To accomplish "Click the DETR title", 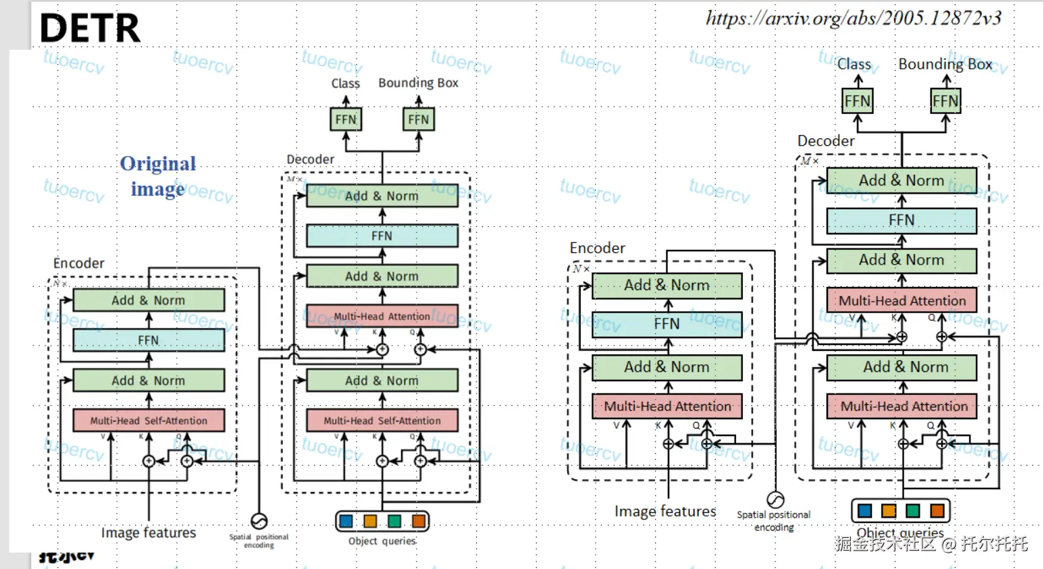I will pyautogui.click(x=90, y=28).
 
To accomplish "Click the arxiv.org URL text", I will pyautogui.click(x=853, y=18).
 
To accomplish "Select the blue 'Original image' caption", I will pyautogui.click(x=158, y=176).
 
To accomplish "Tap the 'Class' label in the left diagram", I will pyautogui.click(x=345, y=84).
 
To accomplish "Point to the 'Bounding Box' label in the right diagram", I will pyautogui.click(x=945, y=64).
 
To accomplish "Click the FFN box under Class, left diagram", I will pyautogui.click(x=346, y=119).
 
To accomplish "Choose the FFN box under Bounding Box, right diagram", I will pyautogui.click(x=945, y=101).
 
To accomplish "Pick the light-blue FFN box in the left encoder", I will pyautogui.click(x=149, y=340).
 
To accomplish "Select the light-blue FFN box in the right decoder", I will pyautogui.click(x=902, y=220).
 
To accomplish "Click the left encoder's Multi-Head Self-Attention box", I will pyautogui.click(x=149, y=421).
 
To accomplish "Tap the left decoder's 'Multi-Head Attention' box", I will pyautogui.click(x=382, y=316).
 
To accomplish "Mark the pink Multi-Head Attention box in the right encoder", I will pyautogui.click(x=667, y=406).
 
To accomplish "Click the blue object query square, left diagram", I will pyautogui.click(x=346, y=521).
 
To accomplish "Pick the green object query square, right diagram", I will pyautogui.click(x=913, y=511).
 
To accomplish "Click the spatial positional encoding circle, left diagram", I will pyautogui.click(x=259, y=521).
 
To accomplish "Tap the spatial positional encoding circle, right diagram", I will pyautogui.click(x=775, y=500).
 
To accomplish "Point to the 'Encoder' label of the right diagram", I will pyautogui.click(x=597, y=248).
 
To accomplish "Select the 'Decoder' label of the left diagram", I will pyautogui.click(x=310, y=159).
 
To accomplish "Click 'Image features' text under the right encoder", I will pyautogui.click(x=665, y=512).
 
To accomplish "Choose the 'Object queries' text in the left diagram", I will pyautogui.click(x=382, y=541).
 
